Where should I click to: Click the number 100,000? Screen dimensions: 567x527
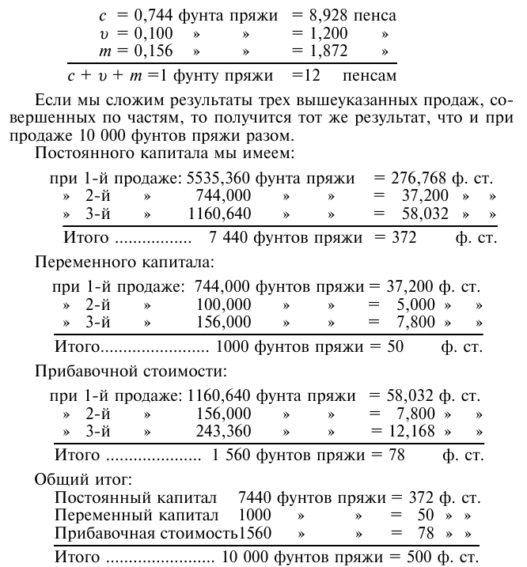point(224,304)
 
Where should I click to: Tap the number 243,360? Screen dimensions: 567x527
point(224,432)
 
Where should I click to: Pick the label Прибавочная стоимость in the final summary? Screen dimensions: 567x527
point(146,534)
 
